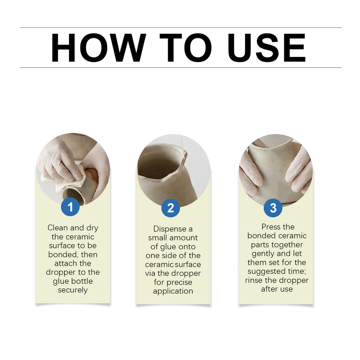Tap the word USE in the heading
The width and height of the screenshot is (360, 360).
[x=267, y=47]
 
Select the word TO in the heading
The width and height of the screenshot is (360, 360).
[x=186, y=47]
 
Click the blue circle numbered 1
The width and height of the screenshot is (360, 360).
[x=70, y=207]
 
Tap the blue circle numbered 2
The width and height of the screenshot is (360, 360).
[x=171, y=208]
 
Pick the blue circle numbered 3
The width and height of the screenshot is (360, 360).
[x=273, y=208]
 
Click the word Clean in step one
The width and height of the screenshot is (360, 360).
[x=58, y=228]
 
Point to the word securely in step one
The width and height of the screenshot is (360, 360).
[x=73, y=290]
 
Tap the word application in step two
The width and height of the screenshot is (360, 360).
[x=173, y=291]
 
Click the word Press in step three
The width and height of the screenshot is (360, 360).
[x=270, y=227]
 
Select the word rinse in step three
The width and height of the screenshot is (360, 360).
[x=254, y=280]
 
